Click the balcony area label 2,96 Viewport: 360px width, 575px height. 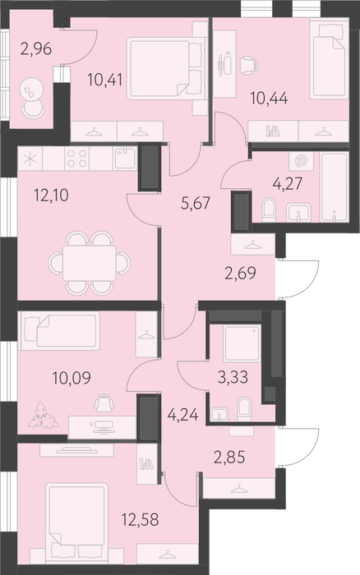point(36,49)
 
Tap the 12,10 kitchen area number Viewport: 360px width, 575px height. point(51,195)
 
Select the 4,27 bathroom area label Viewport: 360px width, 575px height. point(288,183)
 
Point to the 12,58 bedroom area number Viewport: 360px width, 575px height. point(141,519)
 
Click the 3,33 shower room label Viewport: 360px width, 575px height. point(233,377)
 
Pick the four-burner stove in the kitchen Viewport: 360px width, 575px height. point(77,159)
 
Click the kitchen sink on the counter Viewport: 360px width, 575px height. point(125,158)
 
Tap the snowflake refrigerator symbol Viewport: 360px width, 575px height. point(30,159)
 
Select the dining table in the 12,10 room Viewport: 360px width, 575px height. point(89,263)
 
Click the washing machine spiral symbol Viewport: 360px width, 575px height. point(301,161)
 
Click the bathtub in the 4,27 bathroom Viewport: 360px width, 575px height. point(334,187)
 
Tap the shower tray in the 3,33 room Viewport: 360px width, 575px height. point(242,343)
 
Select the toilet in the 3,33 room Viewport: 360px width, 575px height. point(244,409)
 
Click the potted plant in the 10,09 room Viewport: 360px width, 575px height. point(44,416)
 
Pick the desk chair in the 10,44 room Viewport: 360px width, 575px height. point(249,65)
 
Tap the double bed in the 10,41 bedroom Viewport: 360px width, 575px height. point(165,68)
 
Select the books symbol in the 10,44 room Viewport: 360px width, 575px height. point(273,131)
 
